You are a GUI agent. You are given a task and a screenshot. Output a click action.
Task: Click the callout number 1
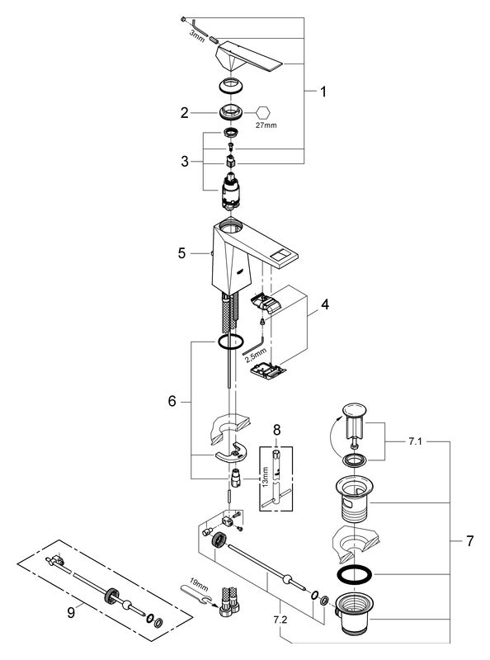pyautogui.click(x=323, y=92)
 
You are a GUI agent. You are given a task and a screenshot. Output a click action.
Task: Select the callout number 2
pyautogui.click(x=185, y=113)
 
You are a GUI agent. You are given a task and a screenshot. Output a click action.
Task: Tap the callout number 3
pyautogui.click(x=185, y=161)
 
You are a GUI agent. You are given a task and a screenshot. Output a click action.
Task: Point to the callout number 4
pyautogui.click(x=325, y=304)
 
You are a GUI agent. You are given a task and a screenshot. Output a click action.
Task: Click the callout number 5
pyautogui.click(x=181, y=253)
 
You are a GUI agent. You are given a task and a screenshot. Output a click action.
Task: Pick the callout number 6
pyautogui.click(x=172, y=401)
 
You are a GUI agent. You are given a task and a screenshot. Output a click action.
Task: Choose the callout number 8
pyautogui.click(x=276, y=430)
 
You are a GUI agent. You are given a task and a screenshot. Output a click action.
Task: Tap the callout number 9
pyautogui.click(x=71, y=613)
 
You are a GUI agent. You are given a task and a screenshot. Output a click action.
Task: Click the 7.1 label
pyautogui.click(x=415, y=441)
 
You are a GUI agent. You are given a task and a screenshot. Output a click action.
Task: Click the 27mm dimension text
pyautogui.click(x=266, y=125)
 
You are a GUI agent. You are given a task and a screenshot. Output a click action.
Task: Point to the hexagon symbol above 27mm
pyautogui.click(x=263, y=113)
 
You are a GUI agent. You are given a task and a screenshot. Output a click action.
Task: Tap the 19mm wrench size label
pyautogui.click(x=199, y=585)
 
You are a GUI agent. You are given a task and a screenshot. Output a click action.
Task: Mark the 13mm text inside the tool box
pyautogui.click(x=265, y=477)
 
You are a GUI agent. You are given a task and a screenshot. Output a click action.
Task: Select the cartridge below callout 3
pyautogui.click(x=230, y=191)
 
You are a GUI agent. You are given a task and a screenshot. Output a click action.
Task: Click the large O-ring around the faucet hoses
pyautogui.click(x=230, y=342)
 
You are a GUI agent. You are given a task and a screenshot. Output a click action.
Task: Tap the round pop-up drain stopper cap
pyautogui.click(x=355, y=409)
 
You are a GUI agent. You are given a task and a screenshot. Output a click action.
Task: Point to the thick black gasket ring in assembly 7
pyautogui.click(x=354, y=574)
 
